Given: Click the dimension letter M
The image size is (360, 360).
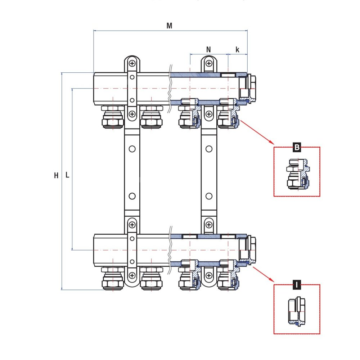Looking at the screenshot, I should (169, 26).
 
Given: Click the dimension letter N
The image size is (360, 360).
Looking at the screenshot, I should (208, 50).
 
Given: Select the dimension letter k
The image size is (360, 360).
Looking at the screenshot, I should (237, 50).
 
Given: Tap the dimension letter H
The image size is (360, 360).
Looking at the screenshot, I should (56, 176).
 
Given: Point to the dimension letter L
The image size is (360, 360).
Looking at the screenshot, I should (67, 175).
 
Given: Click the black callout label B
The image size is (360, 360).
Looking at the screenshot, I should (297, 147).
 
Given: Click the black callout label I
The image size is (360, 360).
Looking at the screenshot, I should (297, 285).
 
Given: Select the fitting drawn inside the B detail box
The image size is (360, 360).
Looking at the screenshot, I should (298, 174).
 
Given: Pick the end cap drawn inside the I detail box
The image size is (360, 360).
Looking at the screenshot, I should (297, 311).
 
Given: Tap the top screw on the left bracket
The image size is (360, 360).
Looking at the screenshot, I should (132, 64).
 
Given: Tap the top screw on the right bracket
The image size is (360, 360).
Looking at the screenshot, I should (209, 64).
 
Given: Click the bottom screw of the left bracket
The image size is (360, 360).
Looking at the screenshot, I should (132, 276).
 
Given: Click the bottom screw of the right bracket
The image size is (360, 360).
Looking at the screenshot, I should (209, 276).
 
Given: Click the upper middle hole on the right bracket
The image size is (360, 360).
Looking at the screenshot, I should (209, 149).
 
